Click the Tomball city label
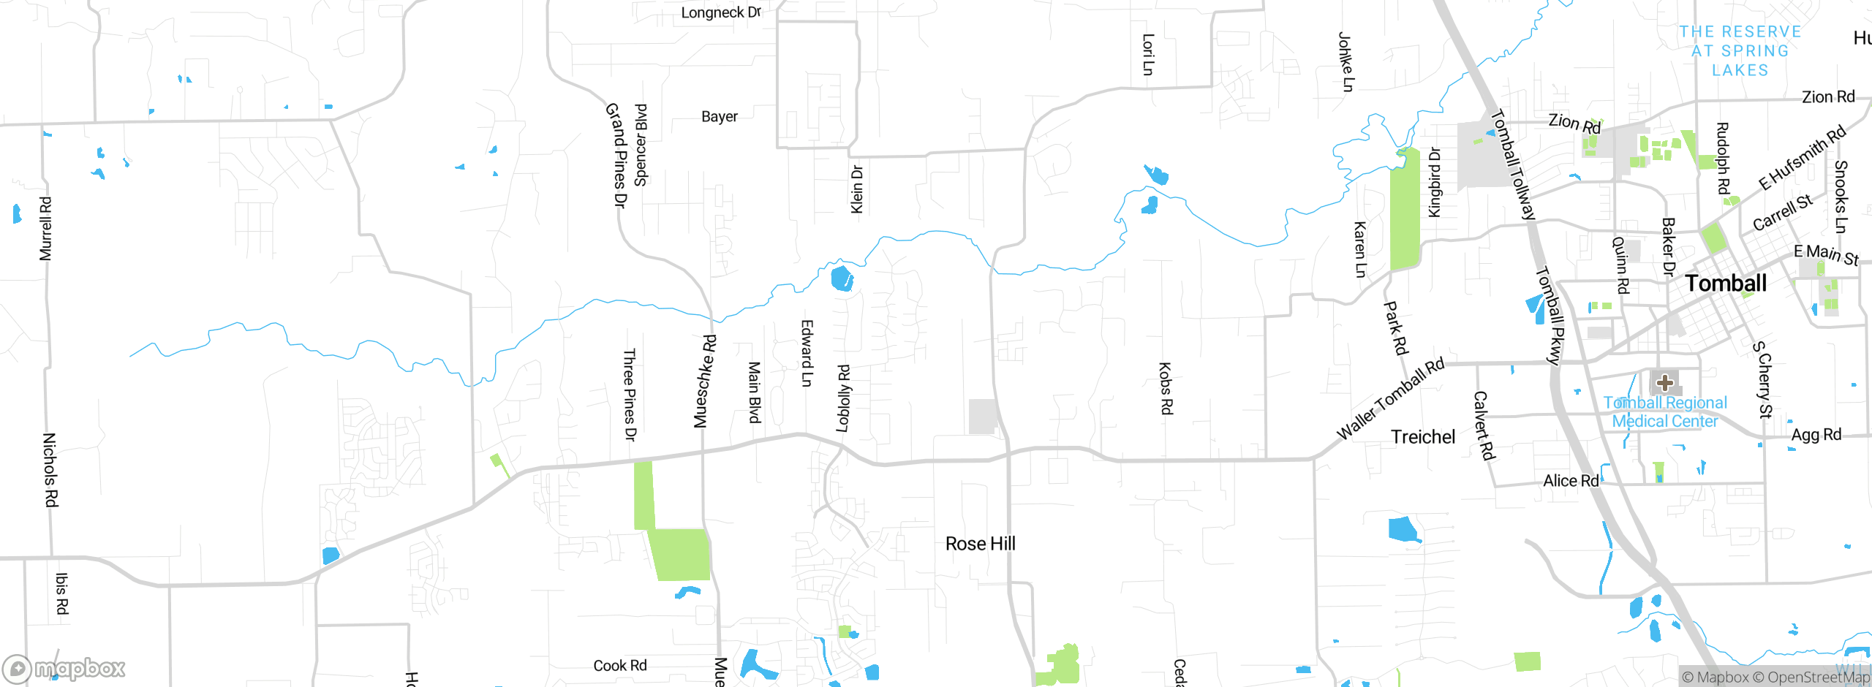coord(1725,284)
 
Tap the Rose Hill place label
coord(980,544)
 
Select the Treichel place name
coord(1423,437)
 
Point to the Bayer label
coord(720,117)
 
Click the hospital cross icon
coord(1665,382)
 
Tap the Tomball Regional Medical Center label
coord(1665,412)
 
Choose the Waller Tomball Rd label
coord(1390,399)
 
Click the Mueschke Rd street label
coord(703,381)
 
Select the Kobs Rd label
coord(1166,388)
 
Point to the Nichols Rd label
coord(50,469)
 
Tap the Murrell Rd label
coord(45,229)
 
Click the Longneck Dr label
coord(721,13)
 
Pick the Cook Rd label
coord(620,666)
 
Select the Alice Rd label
coord(1571,481)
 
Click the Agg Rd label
coord(1816,435)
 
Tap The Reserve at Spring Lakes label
coord(1740,51)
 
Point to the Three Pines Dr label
coord(629,395)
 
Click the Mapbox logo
coord(64,668)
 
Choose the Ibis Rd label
coord(62,593)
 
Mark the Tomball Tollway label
coord(1513,164)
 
